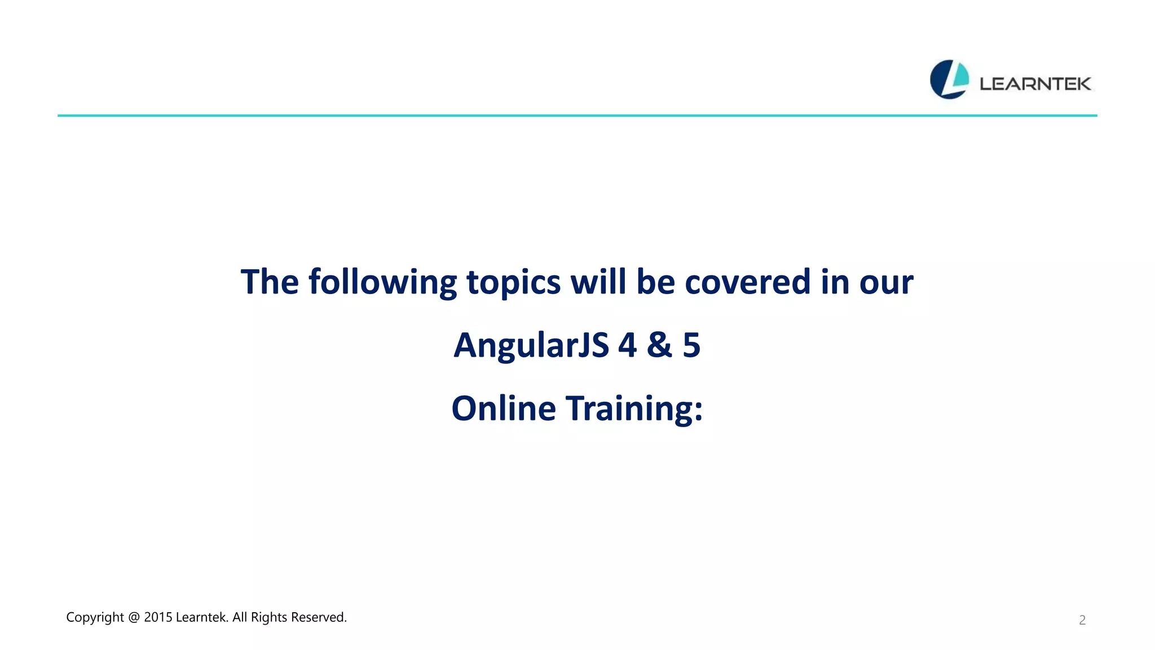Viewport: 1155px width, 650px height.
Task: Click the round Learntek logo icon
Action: [x=949, y=80]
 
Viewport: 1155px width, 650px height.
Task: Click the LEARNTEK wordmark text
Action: [x=1035, y=84]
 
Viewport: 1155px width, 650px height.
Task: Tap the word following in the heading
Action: [x=382, y=283]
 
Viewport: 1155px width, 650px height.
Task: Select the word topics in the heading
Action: [x=513, y=283]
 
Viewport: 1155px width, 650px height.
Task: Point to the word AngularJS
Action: [x=531, y=346]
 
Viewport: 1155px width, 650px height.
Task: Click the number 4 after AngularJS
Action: [x=627, y=345]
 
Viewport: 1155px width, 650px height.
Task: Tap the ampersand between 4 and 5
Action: [x=659, y=345]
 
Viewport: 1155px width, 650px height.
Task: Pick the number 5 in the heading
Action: [x=691, y=345]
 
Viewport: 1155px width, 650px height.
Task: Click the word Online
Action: [x=504, y=409]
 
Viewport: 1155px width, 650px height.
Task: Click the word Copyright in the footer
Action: [x=95, y=618]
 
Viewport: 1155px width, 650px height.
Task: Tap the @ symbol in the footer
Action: [x=134, y=618]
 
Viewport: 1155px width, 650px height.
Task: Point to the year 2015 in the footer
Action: [x=158, y=617]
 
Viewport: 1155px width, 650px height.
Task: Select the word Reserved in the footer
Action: [x=319, y=617]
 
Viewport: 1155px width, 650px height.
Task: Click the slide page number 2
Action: [x=1082, y=620]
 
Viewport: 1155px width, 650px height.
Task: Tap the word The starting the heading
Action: [x=270, y=282]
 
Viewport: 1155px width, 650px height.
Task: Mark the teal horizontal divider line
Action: [x=577, y=116]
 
